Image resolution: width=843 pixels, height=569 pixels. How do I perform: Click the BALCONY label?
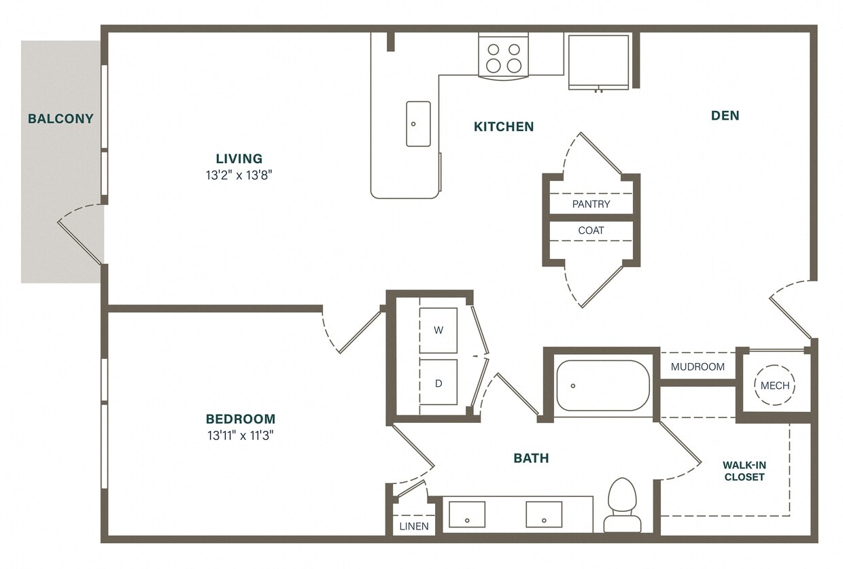(61, 119)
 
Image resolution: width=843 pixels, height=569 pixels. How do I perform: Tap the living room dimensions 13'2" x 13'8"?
(239, 175)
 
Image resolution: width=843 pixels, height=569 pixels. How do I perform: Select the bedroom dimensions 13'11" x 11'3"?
(241, 435)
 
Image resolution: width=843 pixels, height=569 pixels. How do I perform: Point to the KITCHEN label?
(504, 126)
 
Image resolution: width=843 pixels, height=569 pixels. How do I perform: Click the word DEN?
(725, 116)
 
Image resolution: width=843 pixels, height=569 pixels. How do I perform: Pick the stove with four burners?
(503, 57)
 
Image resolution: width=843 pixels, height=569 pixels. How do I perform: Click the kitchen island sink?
(418, 124)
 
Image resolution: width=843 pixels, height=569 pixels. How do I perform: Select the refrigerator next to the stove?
(598, 61)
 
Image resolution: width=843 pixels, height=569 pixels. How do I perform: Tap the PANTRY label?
(591, 204)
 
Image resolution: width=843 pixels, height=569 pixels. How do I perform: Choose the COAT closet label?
(591, 230)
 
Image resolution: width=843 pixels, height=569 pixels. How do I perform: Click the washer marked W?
(438, 330)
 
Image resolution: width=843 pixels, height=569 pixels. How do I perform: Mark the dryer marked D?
(438, 383)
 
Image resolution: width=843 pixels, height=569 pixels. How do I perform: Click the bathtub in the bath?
(602, 385)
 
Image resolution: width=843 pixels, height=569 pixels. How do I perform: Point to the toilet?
(621, 505)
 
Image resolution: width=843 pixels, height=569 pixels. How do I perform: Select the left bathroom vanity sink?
(467, 515)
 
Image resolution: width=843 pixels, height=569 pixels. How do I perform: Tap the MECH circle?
(774, 385)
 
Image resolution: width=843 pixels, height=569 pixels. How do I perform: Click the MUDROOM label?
(698, 367)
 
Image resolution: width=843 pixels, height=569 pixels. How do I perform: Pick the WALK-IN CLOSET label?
(744, 471)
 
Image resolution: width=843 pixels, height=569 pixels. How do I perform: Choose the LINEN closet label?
(414, 526)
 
